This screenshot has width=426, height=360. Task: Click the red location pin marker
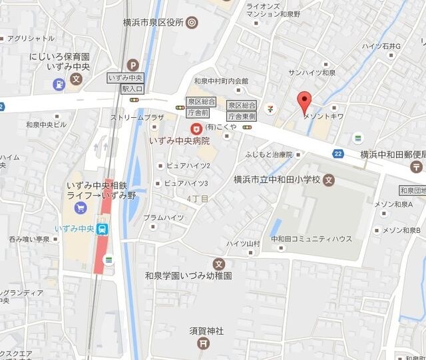pos(304,102)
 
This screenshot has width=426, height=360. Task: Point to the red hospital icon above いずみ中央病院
pos(196,128)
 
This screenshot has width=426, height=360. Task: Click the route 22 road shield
pos(339,154)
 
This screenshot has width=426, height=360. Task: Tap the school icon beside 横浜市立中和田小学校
pos(329,180)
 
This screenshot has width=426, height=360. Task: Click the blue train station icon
pos(103,230)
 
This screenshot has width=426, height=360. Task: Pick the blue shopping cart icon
pos(81,208)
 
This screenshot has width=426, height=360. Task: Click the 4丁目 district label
pos(198,199)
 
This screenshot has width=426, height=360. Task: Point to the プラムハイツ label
pos(163,218)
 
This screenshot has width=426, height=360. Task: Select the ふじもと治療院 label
pos(268,154)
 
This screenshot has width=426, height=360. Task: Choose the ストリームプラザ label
pos(137,118)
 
